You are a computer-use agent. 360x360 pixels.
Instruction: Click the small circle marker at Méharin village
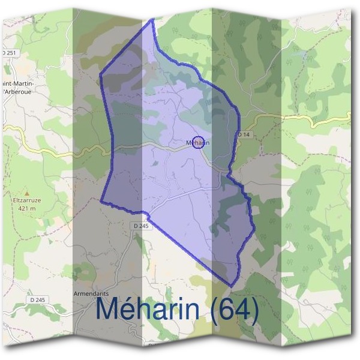(200, 142)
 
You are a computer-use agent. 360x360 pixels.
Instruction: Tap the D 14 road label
(243, 134)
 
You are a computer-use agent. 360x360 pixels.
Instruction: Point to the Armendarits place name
(89, 294)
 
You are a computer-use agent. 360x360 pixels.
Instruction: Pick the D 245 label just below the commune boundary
(139, 226)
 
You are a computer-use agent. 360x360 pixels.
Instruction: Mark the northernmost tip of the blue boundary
(152, 19)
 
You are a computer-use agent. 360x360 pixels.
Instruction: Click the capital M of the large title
(109, 309)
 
